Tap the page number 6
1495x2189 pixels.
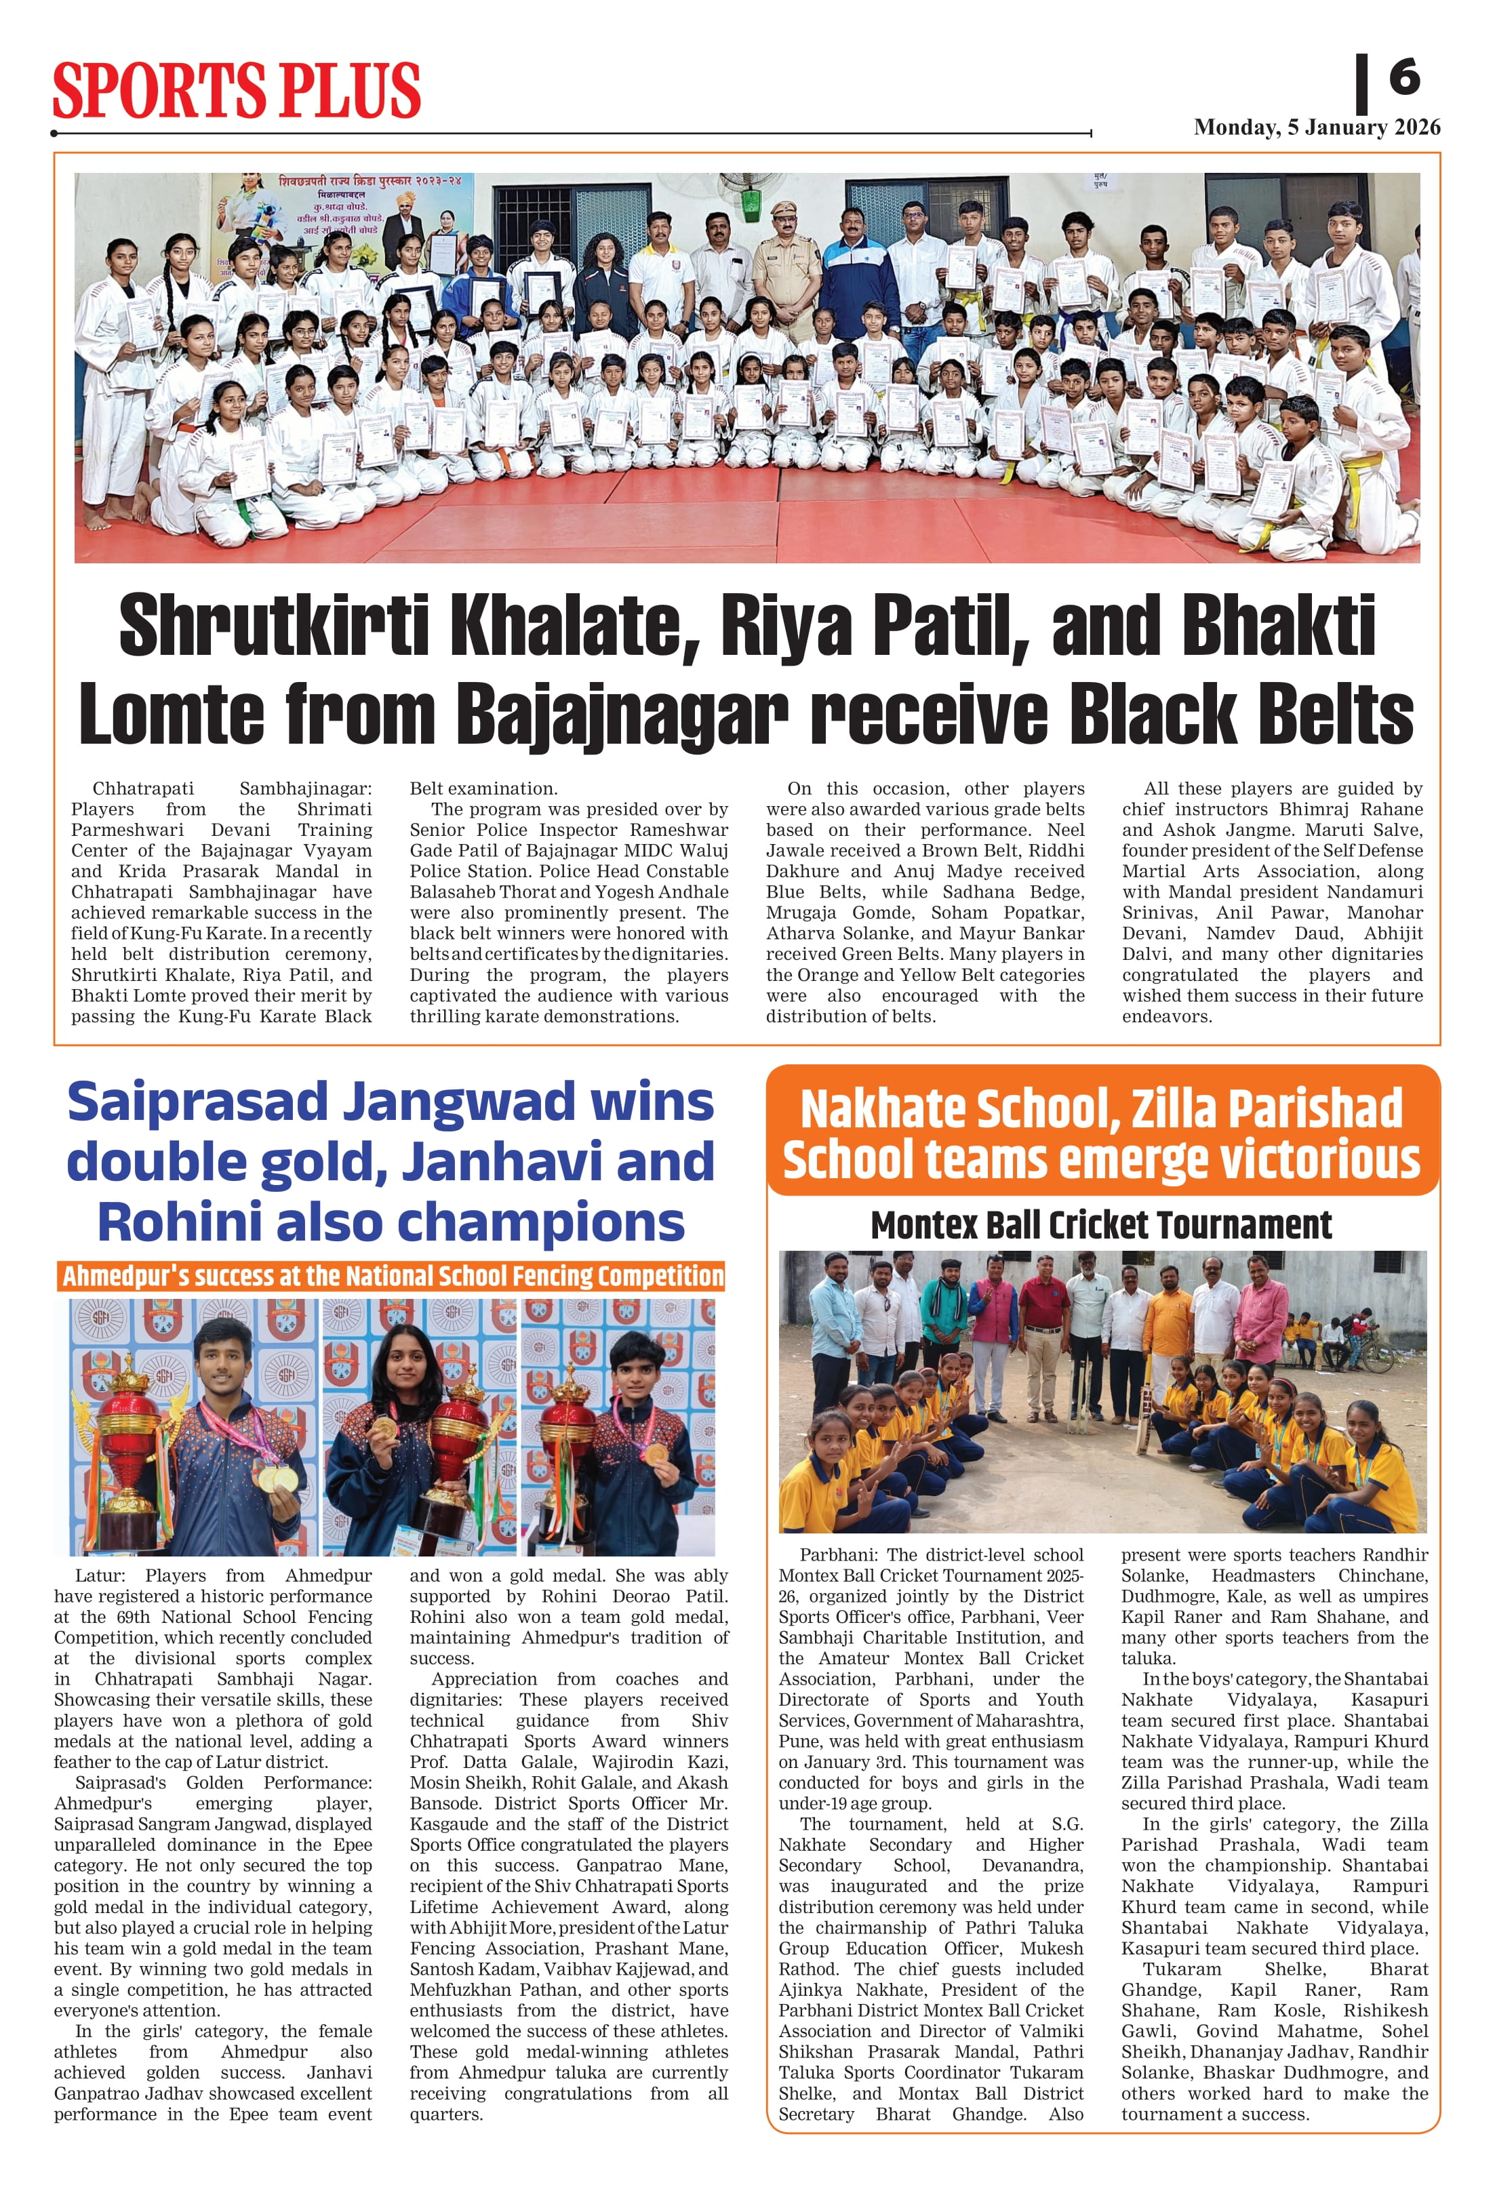pyautogui.click(x=1403, y=77)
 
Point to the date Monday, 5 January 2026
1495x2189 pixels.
pyautogui.click(x=1316, y=127)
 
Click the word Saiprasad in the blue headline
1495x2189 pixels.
pyautogui.click(x=198, y=1102)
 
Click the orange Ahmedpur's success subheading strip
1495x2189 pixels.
pyautogui.click(x=391, y=1277)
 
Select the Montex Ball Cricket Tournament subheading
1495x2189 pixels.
pyautogui.click(x=1100, y=1226)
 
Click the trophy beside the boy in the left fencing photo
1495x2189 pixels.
pyautogui.click(x=130, y=1451)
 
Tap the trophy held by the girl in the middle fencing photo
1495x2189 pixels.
pyautogui.click(x=459, y=1451)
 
